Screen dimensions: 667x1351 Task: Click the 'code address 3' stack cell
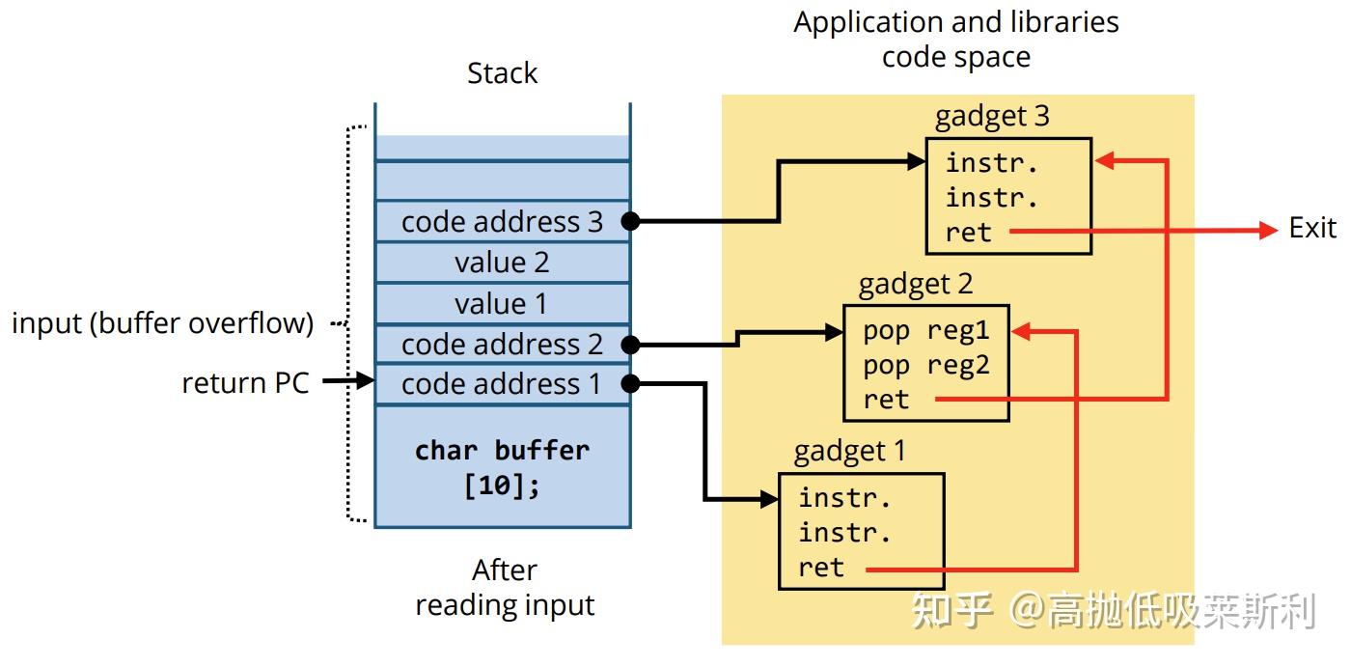pyautogui.click(x=502, y=222)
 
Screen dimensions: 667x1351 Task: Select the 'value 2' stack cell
pyautogui.click(x=502, y=263)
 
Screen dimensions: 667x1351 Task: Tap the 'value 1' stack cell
pyautogui.click(x=502, y=303)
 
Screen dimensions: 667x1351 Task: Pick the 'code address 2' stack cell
pyautogui.click(x=502, y=344)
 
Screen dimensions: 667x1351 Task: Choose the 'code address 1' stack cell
pyautogui.click(x=502, y=384)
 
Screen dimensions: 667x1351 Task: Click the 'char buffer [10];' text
pyautogui.click(x=502, y=467)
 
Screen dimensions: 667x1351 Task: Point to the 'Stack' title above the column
pyautogui.click(x=502, y=73)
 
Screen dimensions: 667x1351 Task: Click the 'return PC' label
pyautogui.click(x=245, y=383)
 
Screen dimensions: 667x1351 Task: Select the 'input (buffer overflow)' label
pyautogui.click(x=162, y=323)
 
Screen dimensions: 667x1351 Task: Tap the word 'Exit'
pyautogui.click(x=1312, y=229)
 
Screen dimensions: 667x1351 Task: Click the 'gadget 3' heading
pyautogui.click(x=991, y=117)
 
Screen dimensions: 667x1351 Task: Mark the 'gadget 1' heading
pyautogui.click(x=849, y=452)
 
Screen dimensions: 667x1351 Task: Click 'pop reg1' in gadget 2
pyautogui.click(x=925, y=331)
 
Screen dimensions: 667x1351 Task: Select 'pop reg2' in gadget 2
pyautogui.click(x=925, y=366)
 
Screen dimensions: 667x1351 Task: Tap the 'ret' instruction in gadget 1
pyautogui.click(x=821, y=568)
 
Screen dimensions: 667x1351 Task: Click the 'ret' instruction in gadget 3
pyautogui.click(x=968, y=233)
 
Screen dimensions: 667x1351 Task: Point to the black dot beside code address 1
pyautogui.click(x=629, y=384)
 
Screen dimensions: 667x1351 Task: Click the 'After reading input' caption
pyautogui.click(x=505, y=588)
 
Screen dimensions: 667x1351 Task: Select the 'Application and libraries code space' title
pyautogui.click(x=955, y=40)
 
